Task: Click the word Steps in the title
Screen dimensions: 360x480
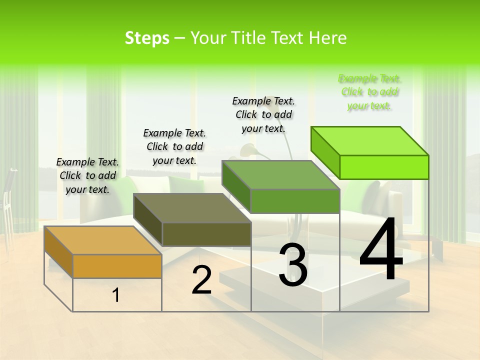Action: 147,38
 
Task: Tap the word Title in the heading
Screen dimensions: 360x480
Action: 250,38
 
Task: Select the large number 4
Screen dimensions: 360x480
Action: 381,249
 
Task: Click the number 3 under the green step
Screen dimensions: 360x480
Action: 292,265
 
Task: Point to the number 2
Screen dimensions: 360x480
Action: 202,280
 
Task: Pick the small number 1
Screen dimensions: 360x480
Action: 116,295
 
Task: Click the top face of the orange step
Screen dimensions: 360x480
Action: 102,240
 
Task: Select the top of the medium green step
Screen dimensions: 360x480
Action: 280,175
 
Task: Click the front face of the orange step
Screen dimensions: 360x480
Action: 117,266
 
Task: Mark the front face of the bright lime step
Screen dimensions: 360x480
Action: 384,167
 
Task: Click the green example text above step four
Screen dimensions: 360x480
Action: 369,92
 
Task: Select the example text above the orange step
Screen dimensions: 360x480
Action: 87,175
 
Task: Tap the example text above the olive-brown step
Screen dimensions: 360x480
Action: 174,146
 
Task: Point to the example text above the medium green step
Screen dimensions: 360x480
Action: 263,114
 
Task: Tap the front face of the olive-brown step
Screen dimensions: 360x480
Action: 206,234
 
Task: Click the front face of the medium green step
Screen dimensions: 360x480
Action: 295,201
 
